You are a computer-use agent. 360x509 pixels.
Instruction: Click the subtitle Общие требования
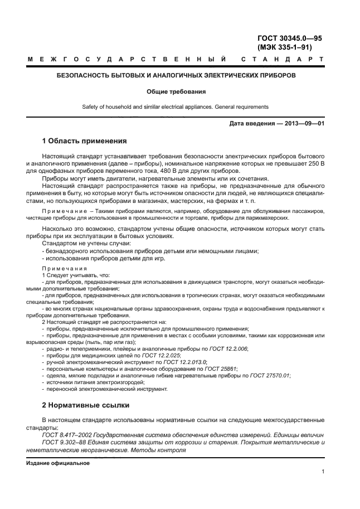[176, 91]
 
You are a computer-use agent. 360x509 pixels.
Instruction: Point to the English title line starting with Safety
[176, 106]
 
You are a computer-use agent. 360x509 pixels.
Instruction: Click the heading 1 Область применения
[85, 141]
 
